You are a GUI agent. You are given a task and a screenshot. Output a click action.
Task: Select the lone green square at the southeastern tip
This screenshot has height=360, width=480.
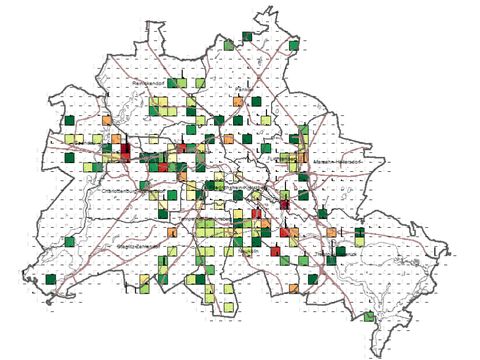369,317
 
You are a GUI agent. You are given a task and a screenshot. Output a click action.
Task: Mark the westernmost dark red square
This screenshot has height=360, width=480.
126,151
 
